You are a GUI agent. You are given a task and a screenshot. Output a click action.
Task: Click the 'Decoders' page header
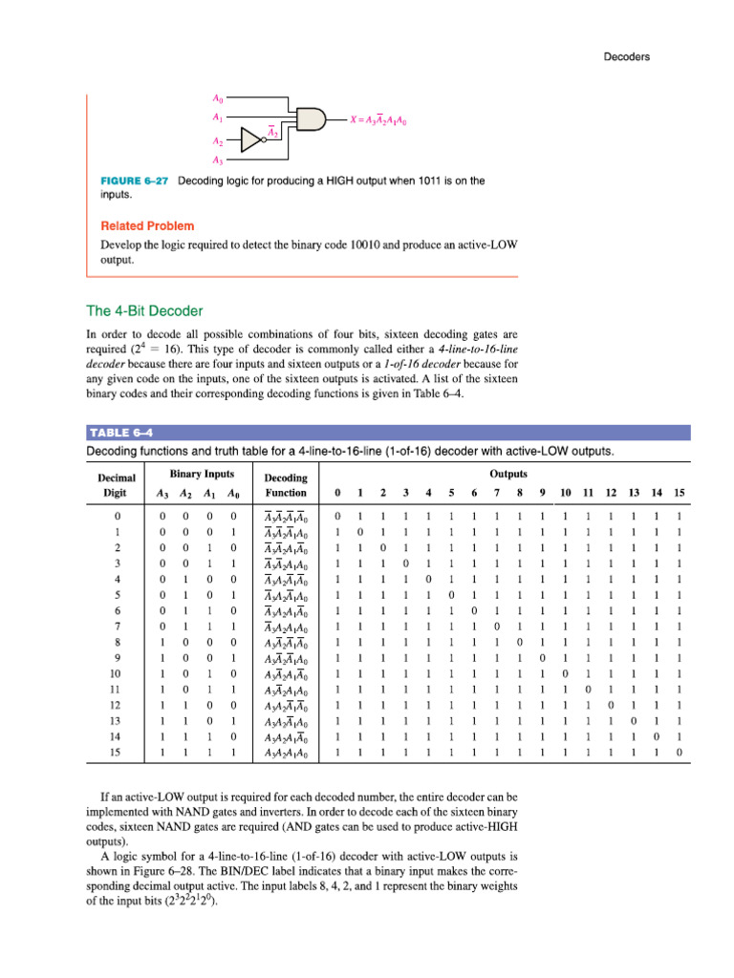626,56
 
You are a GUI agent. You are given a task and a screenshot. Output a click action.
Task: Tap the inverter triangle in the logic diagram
251,141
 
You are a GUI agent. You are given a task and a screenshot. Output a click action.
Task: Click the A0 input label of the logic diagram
218,98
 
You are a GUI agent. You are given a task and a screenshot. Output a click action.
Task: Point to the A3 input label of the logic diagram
218,160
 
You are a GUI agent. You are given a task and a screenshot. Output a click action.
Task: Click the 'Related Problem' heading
147,226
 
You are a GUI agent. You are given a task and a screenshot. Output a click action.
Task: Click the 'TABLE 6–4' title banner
121,433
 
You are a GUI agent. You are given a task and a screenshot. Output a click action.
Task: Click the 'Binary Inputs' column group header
202,474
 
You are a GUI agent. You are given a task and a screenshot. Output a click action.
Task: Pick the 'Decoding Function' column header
285,485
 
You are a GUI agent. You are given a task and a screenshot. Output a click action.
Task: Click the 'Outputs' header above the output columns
507,472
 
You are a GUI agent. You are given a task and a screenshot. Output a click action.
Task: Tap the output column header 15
679,493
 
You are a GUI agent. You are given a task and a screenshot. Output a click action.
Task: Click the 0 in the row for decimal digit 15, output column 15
679,754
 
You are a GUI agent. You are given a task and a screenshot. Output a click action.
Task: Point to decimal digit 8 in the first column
117,643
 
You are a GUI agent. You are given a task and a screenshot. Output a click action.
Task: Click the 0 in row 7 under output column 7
496,627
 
